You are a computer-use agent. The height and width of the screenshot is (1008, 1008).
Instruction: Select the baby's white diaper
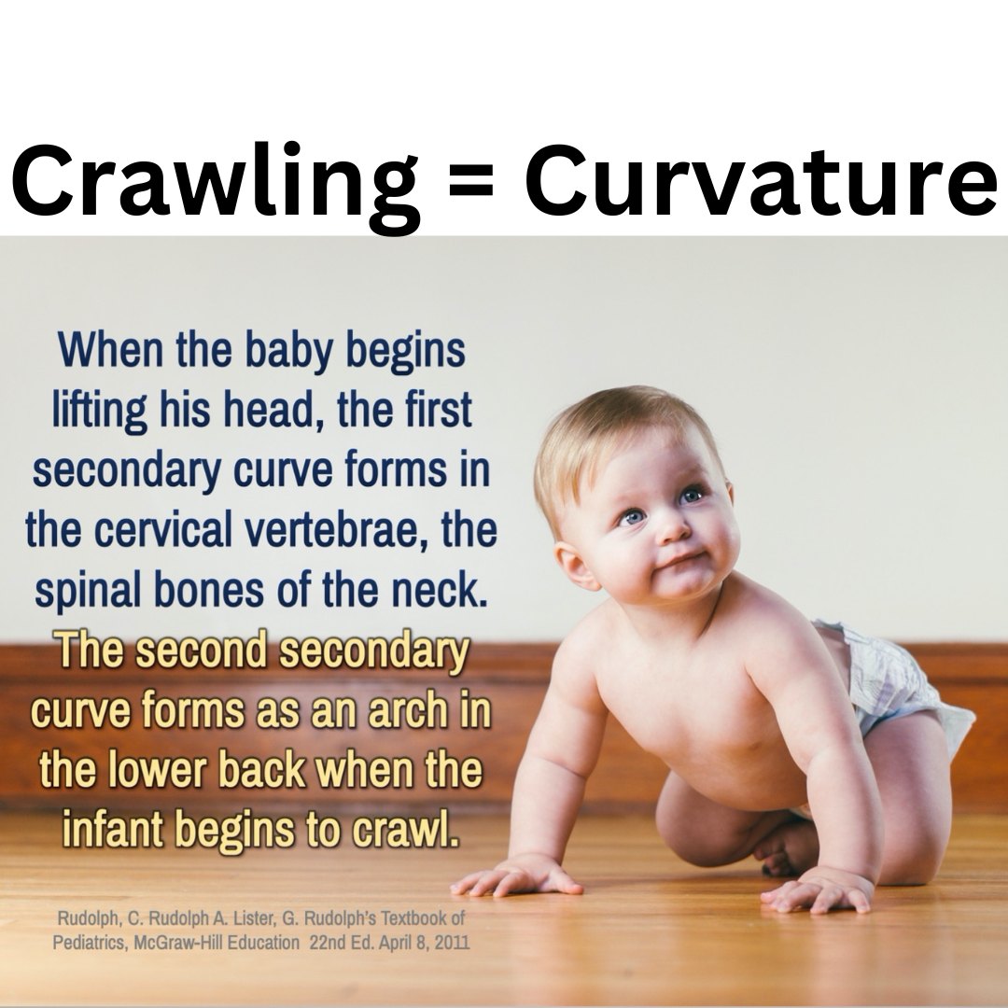[892, 685]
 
